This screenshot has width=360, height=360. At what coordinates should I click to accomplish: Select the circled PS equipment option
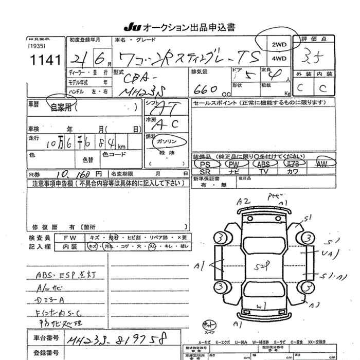pyautogui.click(x=206, y=164)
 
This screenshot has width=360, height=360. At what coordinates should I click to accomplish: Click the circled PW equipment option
pyautogui.click(x=235, y=164)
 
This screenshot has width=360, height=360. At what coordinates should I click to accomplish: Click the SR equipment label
pyautogui.click(x=205, y=171)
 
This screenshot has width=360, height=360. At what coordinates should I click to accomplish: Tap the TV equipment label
pyautogui.click(x=264, y=171)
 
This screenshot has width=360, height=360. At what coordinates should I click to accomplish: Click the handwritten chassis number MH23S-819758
pyautogui.click(x=123, y=339)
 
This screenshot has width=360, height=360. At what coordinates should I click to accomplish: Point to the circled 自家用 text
pyautogui.click(x=61, y=107)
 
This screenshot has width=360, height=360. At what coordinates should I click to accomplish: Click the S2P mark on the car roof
pyautogui.click(x=264, y=266)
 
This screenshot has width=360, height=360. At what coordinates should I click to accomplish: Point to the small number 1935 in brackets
pyautogui.click(x=38, y=46)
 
